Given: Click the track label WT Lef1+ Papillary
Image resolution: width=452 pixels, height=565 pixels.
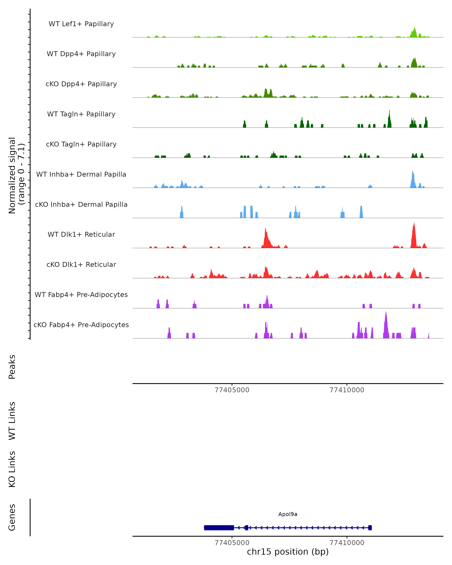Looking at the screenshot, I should pos(81,24).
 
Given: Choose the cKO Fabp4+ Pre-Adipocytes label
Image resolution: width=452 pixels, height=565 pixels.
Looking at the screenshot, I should pos(81,325).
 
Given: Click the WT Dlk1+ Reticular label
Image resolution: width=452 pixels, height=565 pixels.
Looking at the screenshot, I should pos(81,234).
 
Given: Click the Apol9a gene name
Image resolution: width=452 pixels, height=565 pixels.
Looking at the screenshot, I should pos(288,514).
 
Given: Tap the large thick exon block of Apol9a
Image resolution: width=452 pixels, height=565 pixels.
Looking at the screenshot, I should pos(219,528).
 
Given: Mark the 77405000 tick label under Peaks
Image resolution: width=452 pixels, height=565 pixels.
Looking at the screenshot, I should pos(232,390).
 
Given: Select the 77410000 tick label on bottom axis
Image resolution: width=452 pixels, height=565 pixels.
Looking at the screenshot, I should pos(347,543).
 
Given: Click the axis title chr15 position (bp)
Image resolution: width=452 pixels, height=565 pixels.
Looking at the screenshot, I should pos(288,552).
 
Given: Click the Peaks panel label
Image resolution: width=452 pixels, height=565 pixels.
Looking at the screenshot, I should pos(12,367).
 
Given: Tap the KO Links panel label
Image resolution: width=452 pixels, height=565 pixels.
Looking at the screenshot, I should pos(12,469).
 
